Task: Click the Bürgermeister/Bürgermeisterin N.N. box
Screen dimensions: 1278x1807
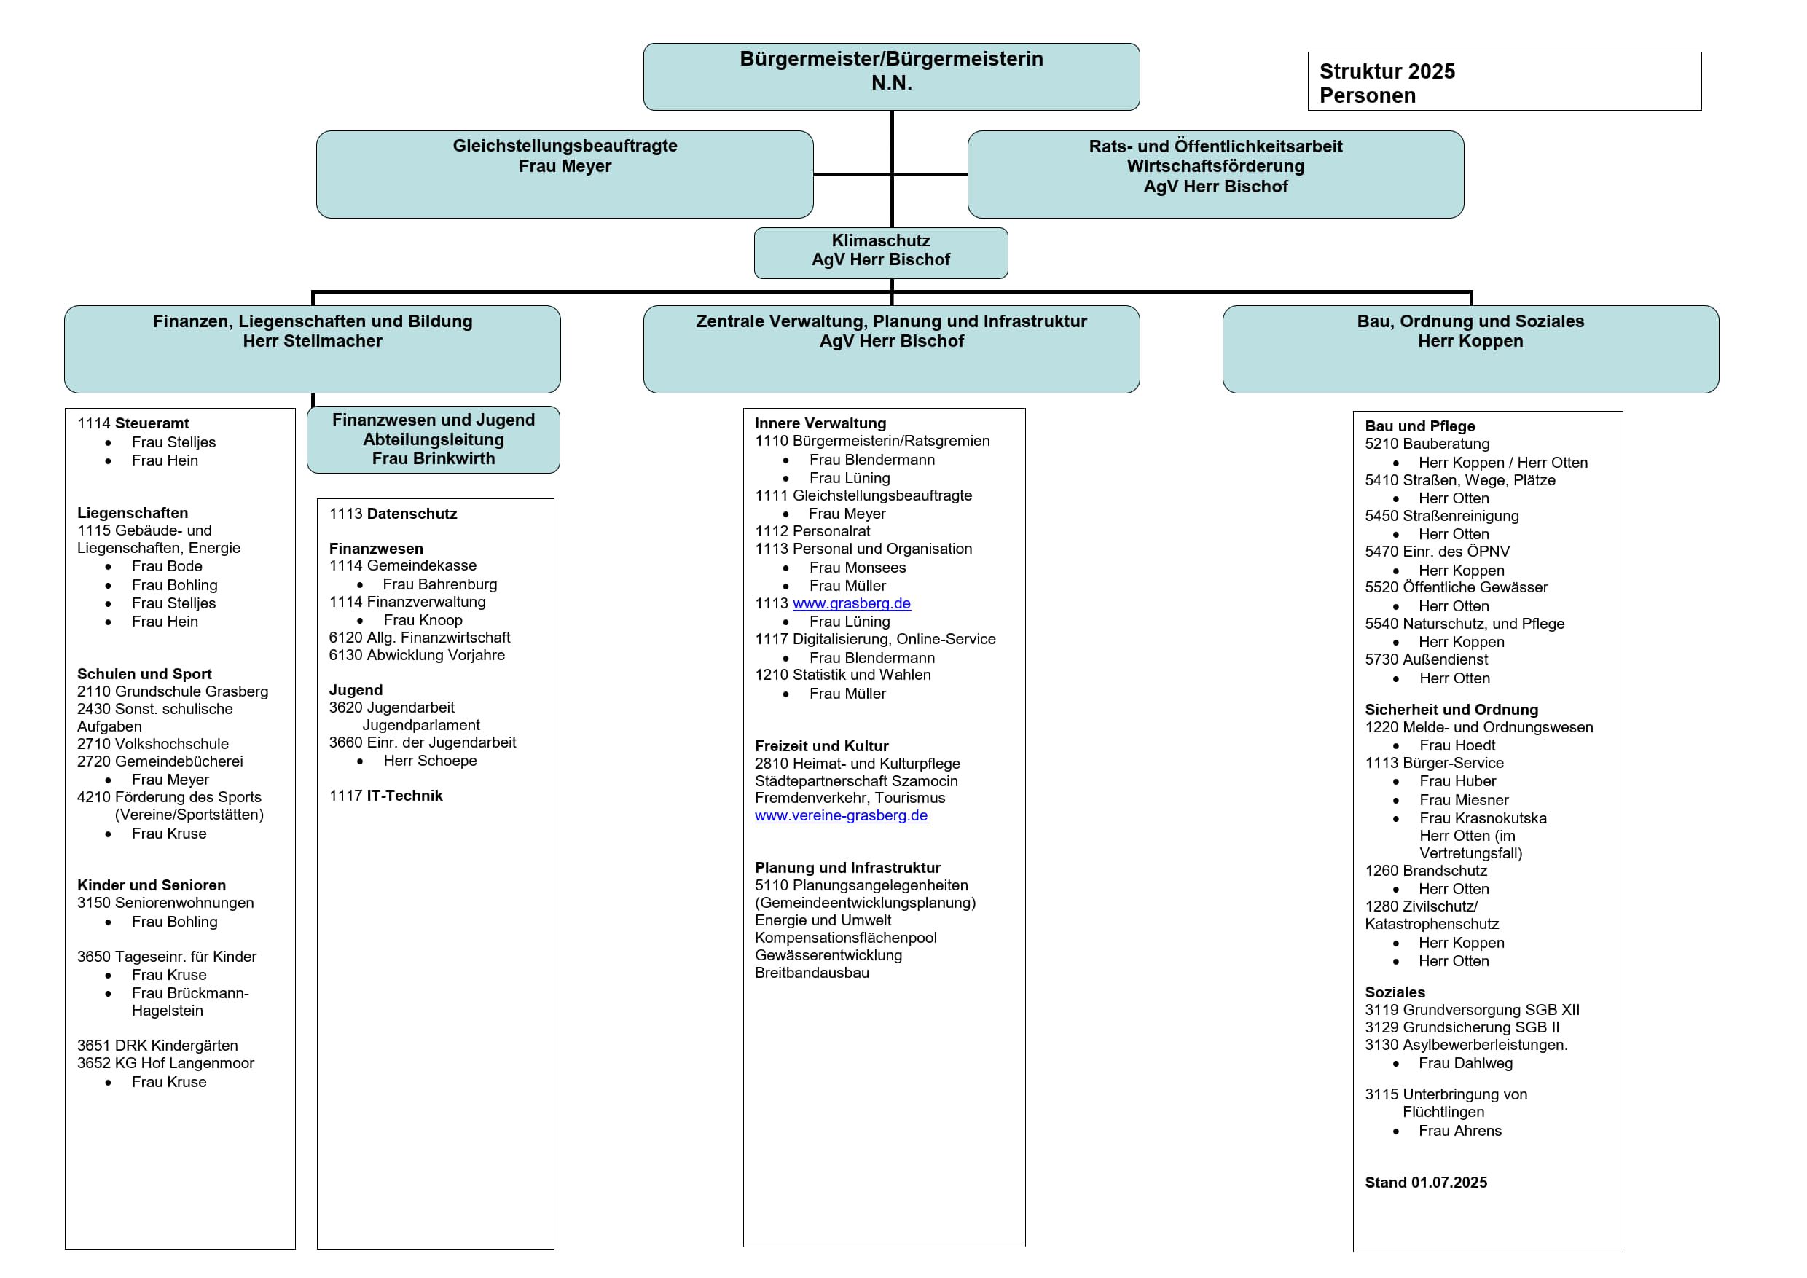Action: [891, 77]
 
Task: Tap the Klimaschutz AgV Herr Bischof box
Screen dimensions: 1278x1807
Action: [881, 253]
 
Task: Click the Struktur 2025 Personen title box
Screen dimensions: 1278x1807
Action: [1503, 82]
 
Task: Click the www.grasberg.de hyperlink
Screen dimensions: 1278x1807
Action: [852, 603]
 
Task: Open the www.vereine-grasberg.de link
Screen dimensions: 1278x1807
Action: [841, 816]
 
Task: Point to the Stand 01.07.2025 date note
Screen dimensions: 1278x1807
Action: [1425, 1183]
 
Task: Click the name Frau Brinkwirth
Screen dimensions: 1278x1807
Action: [433, 459]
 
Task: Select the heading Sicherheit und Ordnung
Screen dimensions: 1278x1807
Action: [1451, 710]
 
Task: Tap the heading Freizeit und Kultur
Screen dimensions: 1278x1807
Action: [821, 746]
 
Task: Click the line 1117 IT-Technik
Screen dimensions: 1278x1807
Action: [385, 796]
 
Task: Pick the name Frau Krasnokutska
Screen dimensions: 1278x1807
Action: [1483, 818]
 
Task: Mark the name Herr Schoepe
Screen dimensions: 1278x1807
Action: [430, 761]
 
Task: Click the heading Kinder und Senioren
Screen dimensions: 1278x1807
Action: [151, 885]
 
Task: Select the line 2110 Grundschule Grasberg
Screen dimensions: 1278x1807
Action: [173, 691]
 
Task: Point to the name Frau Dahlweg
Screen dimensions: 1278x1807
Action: [1465, 1063]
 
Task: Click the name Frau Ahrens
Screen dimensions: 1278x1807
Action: [1460, 1131]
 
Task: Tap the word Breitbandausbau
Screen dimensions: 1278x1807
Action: [812, 973]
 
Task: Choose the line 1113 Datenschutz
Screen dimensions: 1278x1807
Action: [393, 514]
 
